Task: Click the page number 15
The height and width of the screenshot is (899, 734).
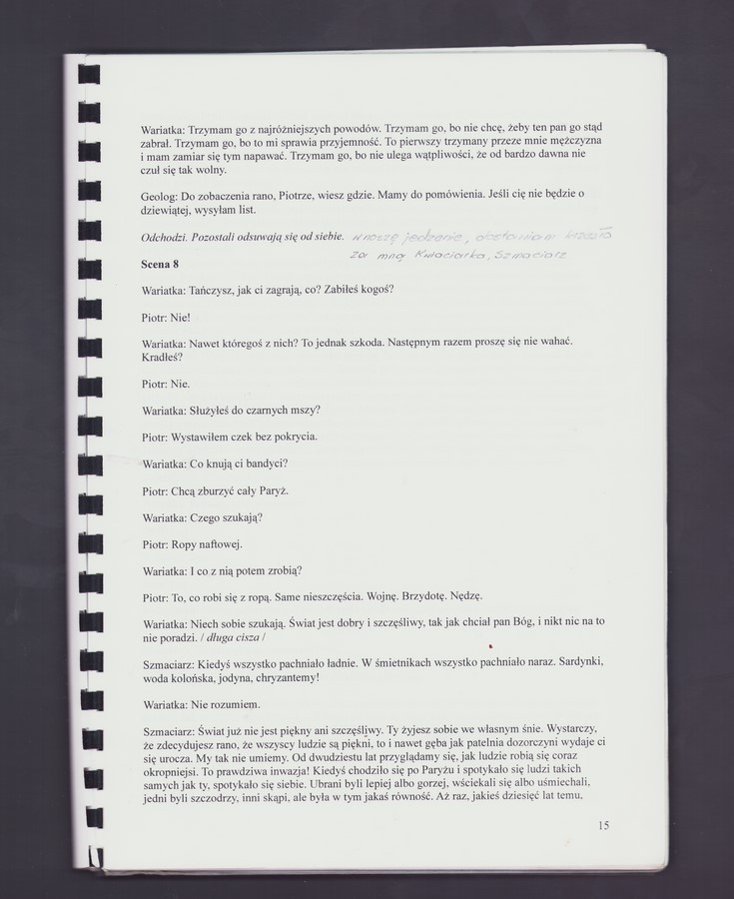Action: pos(603,825)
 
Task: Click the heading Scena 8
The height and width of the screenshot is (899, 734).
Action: pos(161,264)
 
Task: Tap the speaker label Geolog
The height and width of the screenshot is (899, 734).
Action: pos(159,193)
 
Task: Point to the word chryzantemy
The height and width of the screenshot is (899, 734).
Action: pos(287,678)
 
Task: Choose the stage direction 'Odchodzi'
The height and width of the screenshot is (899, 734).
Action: pos(166,238)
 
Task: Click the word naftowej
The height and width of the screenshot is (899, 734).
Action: pos(217,544)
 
